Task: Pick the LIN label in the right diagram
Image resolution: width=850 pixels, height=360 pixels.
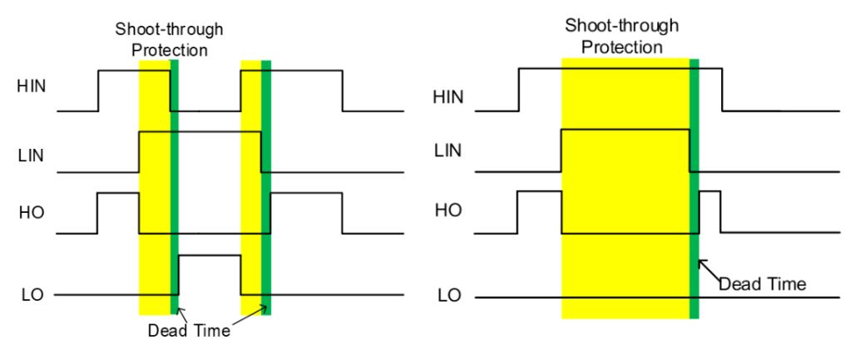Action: [x=450, y=150]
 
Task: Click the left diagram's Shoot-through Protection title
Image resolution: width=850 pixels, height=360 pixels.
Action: [x=170, y=40]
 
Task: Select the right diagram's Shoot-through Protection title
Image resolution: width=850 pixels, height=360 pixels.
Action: [x=620, y=36]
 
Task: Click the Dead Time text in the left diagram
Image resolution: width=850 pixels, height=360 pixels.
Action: [x=188, y=328]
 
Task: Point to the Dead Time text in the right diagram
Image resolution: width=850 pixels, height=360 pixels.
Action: [x=762, y=284]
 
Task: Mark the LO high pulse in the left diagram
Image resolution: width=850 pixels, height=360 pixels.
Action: [x=210, y=256]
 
